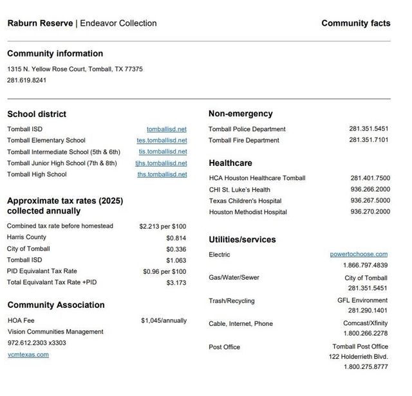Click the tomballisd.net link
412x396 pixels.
pos(166,129)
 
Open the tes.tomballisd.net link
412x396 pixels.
pos(162,140)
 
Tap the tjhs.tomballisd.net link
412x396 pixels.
pos(161,163)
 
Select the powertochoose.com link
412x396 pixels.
pos(359,254)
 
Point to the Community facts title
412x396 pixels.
pos(355,23)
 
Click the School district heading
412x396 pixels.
pos(37,114)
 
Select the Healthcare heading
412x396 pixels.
pos(230,163)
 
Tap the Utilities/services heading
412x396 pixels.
pos(242,240)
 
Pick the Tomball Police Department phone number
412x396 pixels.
pos(368,129)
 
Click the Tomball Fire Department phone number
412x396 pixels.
pos(368,140)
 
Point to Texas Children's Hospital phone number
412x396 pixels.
pos(370,201)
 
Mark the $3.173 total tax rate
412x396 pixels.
pos(176,282)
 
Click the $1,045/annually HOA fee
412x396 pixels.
pos(164,320)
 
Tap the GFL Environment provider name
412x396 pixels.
pos(362,300)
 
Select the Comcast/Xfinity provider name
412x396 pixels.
pos(365,323)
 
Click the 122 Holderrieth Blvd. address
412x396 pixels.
pos(358,356)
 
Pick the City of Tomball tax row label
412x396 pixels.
pos(28,249)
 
